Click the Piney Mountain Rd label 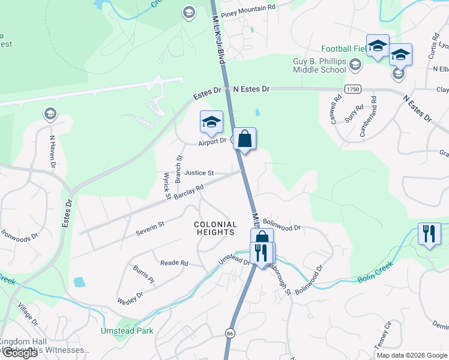click(247, 7)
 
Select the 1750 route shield click(352, 89)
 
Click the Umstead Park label click(127, 331)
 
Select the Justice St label click(199, 173)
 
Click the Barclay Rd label click(189, 193)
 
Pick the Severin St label click(149, 229)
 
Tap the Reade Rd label click(174, 263)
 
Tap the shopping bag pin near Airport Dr click(244, 139)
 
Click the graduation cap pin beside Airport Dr click(211, 122)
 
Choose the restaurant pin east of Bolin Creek click(429, 233)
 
